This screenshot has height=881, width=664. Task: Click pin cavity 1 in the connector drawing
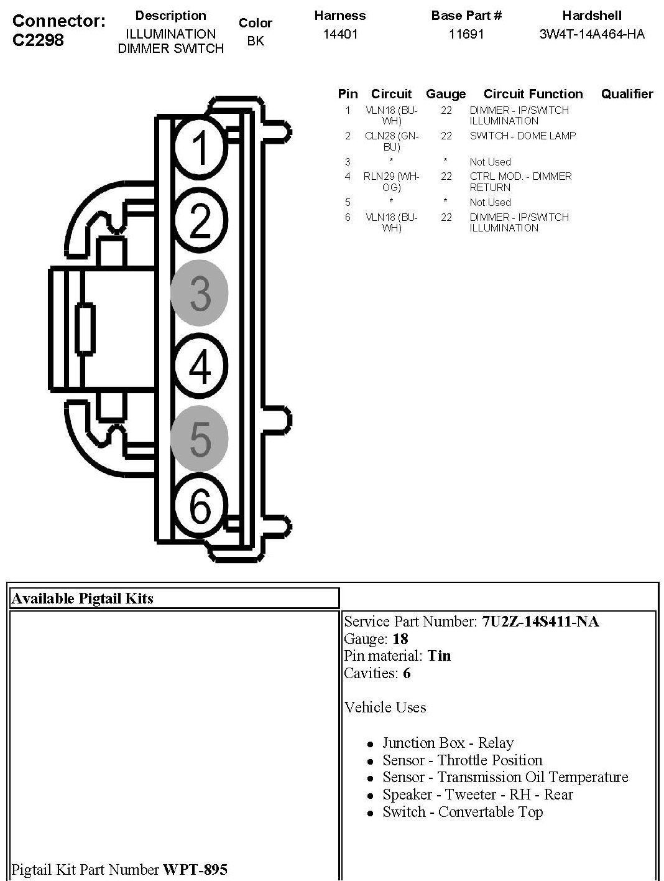coord(200,147)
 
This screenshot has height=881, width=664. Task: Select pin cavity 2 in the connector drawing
coord(200,220)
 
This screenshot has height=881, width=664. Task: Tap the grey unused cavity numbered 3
coord(200,293)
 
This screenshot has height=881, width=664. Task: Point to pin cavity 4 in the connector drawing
coord(200,366)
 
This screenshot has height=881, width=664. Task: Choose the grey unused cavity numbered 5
coord(200,439)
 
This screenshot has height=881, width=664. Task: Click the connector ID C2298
coord(38,40)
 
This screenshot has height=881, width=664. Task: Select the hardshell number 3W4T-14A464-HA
coord(592,34)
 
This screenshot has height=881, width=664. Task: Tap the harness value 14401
coord(340,34)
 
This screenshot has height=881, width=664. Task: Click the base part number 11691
coord(466,34)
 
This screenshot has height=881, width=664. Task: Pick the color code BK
coord(256,41)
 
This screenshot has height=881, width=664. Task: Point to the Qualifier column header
coord(627,94)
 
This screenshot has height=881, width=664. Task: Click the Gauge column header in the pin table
coord(446,94)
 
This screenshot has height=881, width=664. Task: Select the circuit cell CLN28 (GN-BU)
coord(392,141)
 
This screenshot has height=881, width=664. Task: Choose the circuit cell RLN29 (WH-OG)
coord(392,182)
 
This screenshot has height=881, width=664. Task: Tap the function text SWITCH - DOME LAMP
coord(522,136)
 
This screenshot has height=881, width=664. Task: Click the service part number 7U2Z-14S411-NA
coord(540,622)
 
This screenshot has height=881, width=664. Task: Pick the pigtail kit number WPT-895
coord(195,869)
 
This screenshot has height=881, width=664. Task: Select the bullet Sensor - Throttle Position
coord(462,760)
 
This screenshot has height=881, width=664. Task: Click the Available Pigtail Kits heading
coord(83,599)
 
